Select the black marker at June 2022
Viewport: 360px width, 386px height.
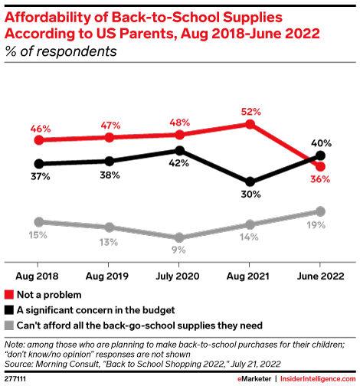point(320,156)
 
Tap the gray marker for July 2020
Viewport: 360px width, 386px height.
point(179,237)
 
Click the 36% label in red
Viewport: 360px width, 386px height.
point(321,180)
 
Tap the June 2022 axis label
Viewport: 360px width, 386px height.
point(320,273)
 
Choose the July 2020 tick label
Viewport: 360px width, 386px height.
point(179,273)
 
